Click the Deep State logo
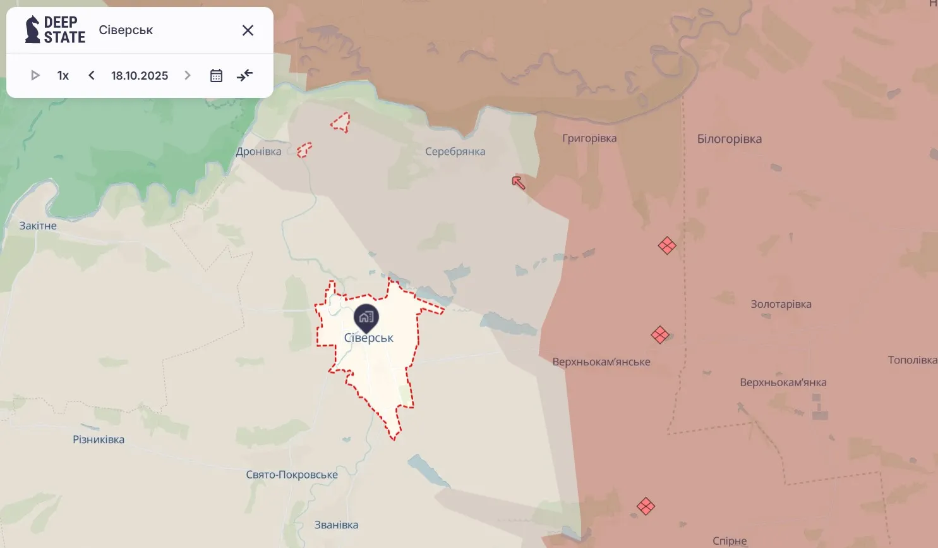pyautogui.click(x=55, y=30)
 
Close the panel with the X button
pyautogui.click(x=248, y=30)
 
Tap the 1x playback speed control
pyautogui.click(x=63, y=76)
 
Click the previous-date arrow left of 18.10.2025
pyautogui.click(x=92, y=76)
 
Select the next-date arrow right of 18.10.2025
pyautogui.click(x=188, y=76)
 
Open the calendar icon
pyautogui.click(x=216, y=76)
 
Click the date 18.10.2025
pyautogui.click(x=140, y=76)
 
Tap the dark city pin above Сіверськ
pyautogui.click(x=366, y=317)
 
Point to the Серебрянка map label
pyautogui.click(x=455, y=152)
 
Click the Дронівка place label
pyautogui.click(x=258, y=152)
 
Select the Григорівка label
pyautogui.click(x=589, y=138)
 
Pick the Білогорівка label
pyautogui.click(x=730, y=139)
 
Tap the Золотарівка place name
pyautogui.click(x=781, y=304)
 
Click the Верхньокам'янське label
pyautogui.click(x=601, y=362)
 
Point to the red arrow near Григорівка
pyautogui.click(x=519, y=183)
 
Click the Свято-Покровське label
pyautogui.click(x=292, y=475)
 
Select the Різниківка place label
pyautogui.click(x=99, y=440)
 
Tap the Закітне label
pyautogui.click(x=38, y=226)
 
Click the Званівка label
pyautogui.click(x=336, y=525)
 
